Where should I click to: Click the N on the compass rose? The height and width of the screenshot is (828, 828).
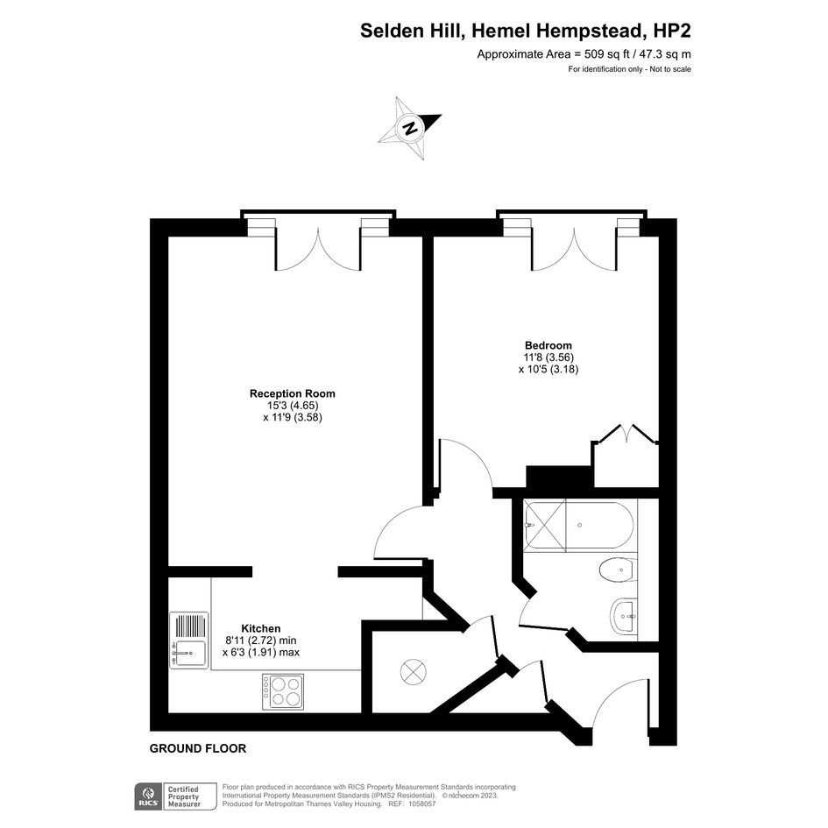pos(410,128)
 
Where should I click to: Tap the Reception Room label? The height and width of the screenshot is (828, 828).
pos(293,393)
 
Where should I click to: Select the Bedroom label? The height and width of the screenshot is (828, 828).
pos(548,345)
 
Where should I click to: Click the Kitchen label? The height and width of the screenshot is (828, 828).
pos(261,628)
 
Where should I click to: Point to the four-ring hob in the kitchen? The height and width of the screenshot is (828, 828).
pos(283,692)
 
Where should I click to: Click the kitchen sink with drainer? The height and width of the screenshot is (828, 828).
pos(189,640)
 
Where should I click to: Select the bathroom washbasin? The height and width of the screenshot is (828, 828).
pos(624,616)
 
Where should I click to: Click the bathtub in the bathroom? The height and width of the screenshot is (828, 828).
pos(578,525)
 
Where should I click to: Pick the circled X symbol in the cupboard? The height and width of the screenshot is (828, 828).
pos(413,672)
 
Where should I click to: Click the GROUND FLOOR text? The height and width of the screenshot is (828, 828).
pos(198,748)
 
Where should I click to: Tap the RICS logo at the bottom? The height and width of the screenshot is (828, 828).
pos(148,796)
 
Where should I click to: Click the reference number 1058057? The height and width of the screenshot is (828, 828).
pos(420,803)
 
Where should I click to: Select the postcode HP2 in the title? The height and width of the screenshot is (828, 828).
pos(672,31)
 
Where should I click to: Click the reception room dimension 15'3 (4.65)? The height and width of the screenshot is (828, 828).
pos(293,406)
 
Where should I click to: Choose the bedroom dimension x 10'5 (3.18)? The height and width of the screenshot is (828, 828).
pos(548,369)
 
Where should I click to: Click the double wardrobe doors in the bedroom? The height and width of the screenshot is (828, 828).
pos(626,433)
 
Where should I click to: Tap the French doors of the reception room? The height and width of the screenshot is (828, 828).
pos(318,249)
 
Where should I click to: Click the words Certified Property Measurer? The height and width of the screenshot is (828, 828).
pos(183,796)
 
